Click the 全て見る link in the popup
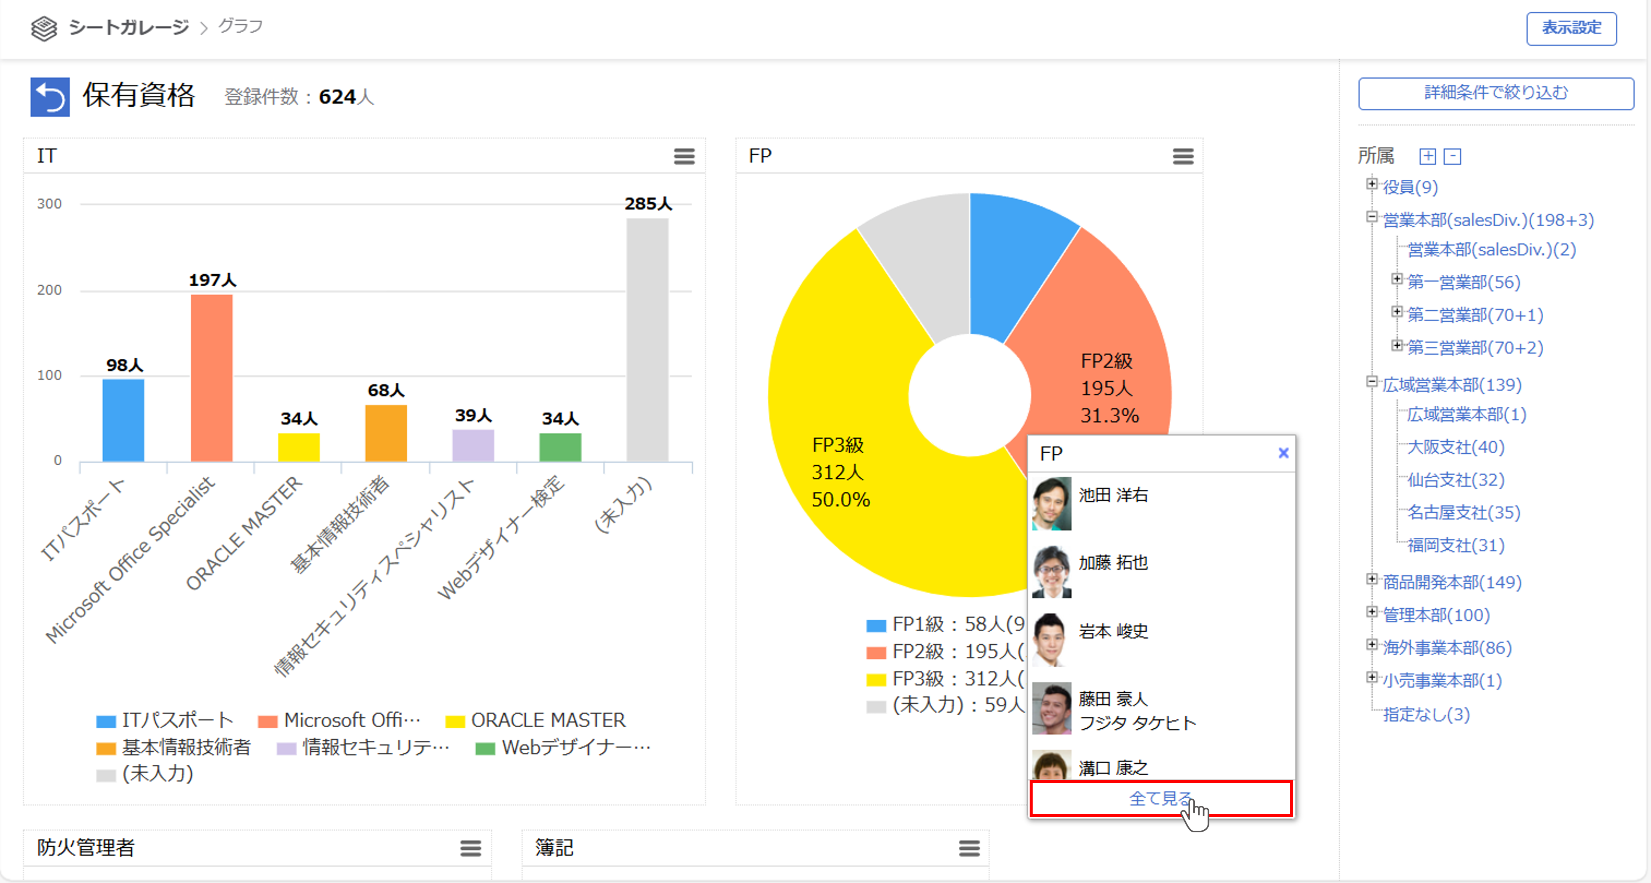pyautogui.click(x=1160, y=799)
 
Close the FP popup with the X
pyautogui.click(x=1283, y=453)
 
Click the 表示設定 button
pyautogui.click(x=1571, y=28)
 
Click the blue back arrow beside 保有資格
pyautogui.click(x=50, y=97)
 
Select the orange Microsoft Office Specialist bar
pyautogui.click(x=212, y=378)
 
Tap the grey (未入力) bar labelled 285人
pyautogui.click(x=647, y=340)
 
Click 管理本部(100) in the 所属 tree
pyautogui.click(x=1436, y=615)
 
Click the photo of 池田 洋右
pyautogui.click(x=1051, y=504)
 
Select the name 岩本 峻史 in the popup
pyautogui.click(x=1113, y=631)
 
